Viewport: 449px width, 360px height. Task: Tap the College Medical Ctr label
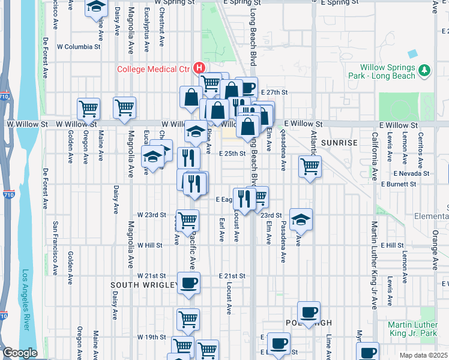pyautogui.click(x=153, y=69)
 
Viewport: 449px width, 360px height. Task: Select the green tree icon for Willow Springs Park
pyautogui.click(x=425, y=71)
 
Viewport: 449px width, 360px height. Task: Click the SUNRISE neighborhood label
pyautogui.click(x=339, y=143)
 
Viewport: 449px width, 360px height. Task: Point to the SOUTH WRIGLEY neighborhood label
pyautogui.click(x=142, y=284)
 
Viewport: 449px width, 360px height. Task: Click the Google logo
pyautogui.click(x=19, y=353)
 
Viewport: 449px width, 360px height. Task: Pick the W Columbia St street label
pyautogui.click(x=78, y=46)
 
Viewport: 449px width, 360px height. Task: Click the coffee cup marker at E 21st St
pyautogui.click(x=188, y=283)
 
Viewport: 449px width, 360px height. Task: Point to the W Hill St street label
pyautogui.click(x=149, y=245)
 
